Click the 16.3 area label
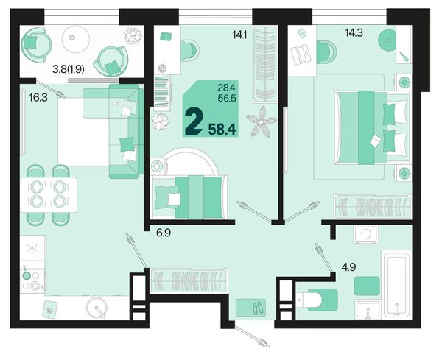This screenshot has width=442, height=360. coord(38,98)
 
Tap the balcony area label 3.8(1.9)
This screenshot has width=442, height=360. coord(69,68)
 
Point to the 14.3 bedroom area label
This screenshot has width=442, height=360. coord(354,33)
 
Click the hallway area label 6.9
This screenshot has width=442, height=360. coord(164,233)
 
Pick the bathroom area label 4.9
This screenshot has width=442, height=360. coord(348,267)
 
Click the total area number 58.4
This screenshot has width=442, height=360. coord(222,130)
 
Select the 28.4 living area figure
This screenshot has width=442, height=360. coord(226,88)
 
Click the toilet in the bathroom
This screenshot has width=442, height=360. coord(317,300)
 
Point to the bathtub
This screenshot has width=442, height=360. coord(396,284)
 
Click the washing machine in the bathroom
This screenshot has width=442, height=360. coord(365,234)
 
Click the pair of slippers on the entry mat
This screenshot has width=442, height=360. coord(259,308)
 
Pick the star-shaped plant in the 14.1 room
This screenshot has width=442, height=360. coord(262,121)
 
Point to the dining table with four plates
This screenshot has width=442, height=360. coord(49,194)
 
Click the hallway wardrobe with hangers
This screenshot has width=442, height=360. coord(189,280)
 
